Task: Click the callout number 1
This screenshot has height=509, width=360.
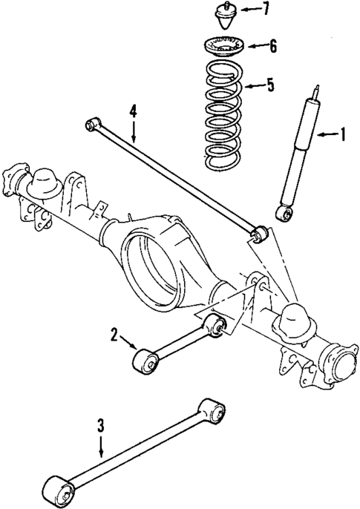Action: pos(343,134)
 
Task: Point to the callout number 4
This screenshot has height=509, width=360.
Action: pos(133,111)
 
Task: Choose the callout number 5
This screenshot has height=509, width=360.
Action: pos(270,85)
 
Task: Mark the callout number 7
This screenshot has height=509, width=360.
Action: pos(266,10)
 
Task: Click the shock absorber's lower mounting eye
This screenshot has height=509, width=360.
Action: pos(282,214)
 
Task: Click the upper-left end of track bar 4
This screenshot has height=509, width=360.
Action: pos(91,122)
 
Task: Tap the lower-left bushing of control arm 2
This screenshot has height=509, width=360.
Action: pos(143,362)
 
